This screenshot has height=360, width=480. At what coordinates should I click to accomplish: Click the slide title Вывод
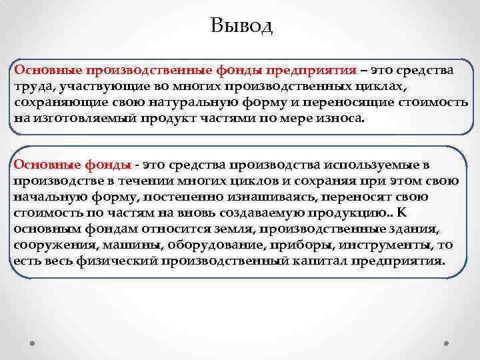point(241,26)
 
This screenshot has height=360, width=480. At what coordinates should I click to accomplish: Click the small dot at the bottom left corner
point(33,344)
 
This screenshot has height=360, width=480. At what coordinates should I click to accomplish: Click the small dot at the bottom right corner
point(446,344)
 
